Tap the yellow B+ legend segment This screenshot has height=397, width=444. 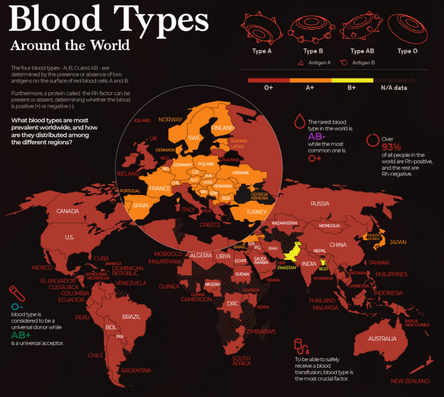[x=352, y=80]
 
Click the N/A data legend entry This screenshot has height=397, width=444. [x=394, y=88]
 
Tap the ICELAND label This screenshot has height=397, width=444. [x=142, y=121]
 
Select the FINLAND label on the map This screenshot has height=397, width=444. [x=222, y=128]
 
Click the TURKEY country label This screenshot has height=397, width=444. [x=257, y=212]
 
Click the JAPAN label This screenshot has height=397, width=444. [x=398, y=242]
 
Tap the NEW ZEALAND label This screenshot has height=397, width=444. [x=410, y=381]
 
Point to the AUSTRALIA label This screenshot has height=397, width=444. [x=382, y=339]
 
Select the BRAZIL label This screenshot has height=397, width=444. [x=131, y=317]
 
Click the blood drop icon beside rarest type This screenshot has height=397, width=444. [x=299, y=122]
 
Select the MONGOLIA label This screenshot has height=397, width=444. [x=329, y=226]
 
